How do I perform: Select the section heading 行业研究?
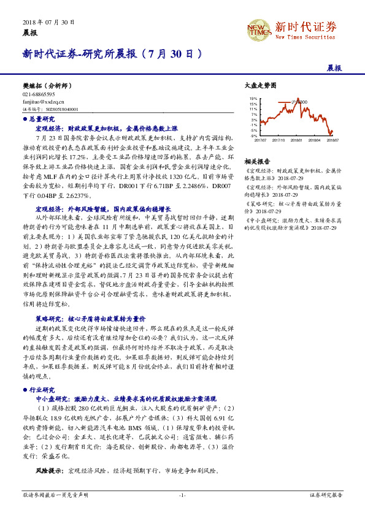click(42, 390)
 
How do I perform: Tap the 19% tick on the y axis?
click(253, 99)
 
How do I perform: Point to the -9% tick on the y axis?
click(253, 135)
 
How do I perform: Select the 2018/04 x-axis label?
click(316, 140)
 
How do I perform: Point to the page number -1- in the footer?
click(182, 495)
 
